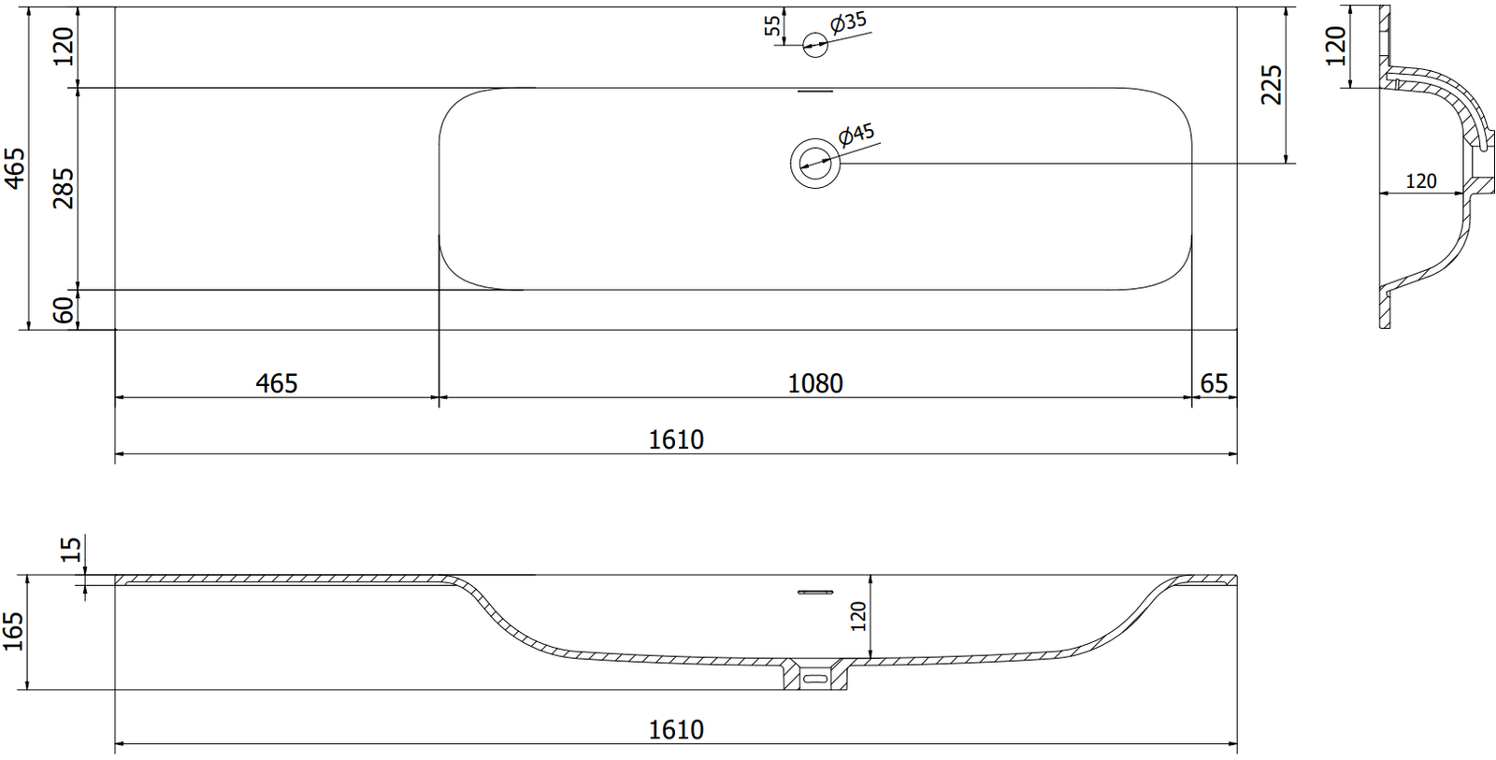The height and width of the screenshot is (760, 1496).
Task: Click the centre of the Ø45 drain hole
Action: tap(814, 163)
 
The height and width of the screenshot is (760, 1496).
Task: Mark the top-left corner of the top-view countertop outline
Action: tap(115, 7)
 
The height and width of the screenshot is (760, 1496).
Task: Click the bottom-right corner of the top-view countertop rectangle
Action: tap(1237, 329)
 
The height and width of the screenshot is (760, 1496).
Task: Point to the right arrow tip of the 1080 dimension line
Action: tap(1191, 397)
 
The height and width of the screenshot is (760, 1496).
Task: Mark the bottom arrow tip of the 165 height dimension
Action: tap(27, 689)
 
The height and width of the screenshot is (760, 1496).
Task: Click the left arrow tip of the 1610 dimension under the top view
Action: tap(116, 454)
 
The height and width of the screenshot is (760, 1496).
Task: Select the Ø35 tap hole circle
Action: tap(814, 45)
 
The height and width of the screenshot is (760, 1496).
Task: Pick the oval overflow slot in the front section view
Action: tap(815, 680)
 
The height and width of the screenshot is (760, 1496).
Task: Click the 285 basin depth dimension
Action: tap(65, 188)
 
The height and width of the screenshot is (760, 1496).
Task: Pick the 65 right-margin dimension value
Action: tap(1214, 384)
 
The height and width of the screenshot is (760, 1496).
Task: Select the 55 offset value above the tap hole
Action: tap(772, 25)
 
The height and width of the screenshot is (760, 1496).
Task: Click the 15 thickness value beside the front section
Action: tap(71, 549)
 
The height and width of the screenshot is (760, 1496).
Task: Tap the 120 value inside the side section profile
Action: tap(1420, 181)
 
